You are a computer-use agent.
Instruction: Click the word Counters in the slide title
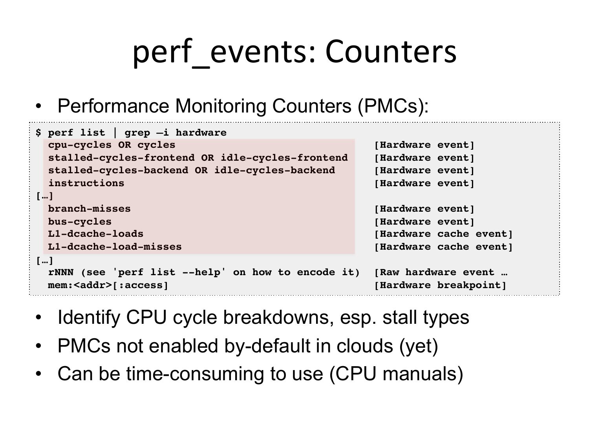pyautogui.click(x=391, y=51)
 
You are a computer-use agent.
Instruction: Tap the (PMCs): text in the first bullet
pyautogui.click(x=393, y=106)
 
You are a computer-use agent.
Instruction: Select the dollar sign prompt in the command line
pyautogui.click(x=38, y=132)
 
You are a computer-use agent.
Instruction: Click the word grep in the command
pyautogui.click(x=137, y=133)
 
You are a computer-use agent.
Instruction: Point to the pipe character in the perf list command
pyautogui.click(x=115, y=132)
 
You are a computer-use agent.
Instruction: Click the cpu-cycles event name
pyautogui.click(x=80, y=145)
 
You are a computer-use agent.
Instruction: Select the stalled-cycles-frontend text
pyautogui.click(x=121, y=158)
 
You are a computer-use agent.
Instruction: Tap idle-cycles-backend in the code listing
pyautogui.click(x=274, y=171)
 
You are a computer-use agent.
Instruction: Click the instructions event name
pyautogui.click(x=86, y=183)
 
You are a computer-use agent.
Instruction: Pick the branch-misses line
pyautogui.click(x=90, y=209)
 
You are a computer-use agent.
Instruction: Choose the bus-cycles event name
pyautogui.click(x=80, y=222)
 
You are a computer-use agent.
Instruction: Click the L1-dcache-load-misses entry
pyautogui.click(x=115, y=247)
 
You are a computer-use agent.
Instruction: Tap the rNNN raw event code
pyautogui.click(x=60, y=272)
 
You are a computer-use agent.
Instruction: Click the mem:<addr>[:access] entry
pyautogui.click(x=108, y=285)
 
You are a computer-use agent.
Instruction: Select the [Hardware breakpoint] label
pyautogui.click(x=440, y=285)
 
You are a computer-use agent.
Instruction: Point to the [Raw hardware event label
pyautogui.click(x=434, y=272)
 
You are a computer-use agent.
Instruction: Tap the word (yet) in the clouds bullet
pyautogui.click(x=419, y=346)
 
